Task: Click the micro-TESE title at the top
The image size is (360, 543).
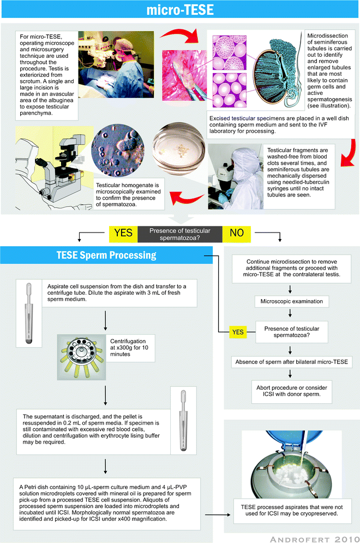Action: [180, 11]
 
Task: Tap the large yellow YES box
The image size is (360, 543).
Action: [123, 233]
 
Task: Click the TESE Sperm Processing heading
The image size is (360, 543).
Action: [106, 255]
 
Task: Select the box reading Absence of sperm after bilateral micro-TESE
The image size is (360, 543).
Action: [291, 361]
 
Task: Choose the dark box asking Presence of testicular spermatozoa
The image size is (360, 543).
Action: [180, 233]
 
